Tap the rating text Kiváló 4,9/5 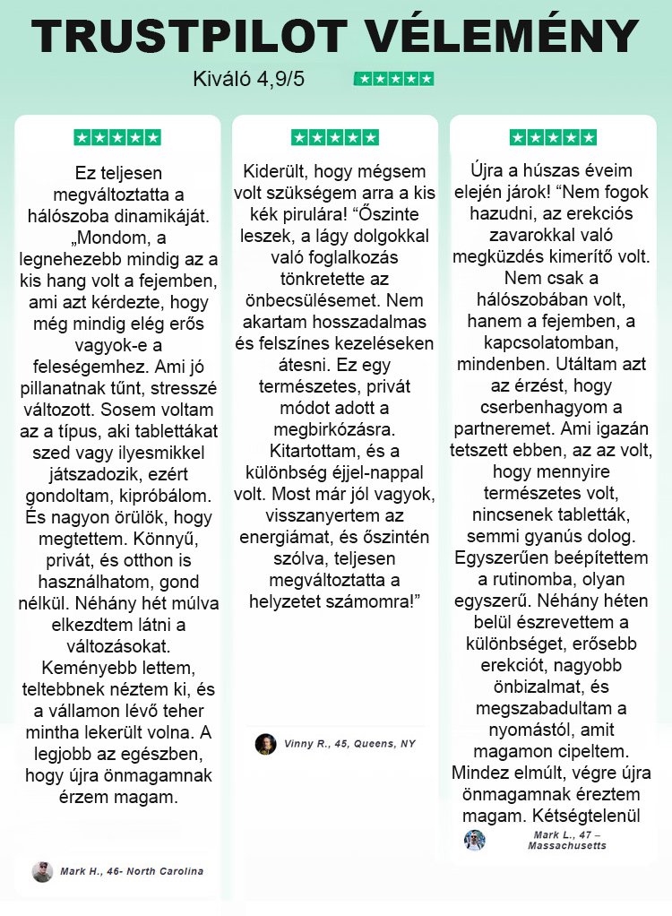pyautogui.click(x=249, y=79)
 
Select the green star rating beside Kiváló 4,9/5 pyautogui.click(x=394, y=79)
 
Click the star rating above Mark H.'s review pyautogui.click(x=117, y=138)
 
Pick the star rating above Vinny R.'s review pyautogui.click(x=335, y=138)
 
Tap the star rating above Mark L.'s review pyautogui.click(x=553, y=138)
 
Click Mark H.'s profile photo pyautogui.click(x=42, y=871)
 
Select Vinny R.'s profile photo pyautogui.click(x=265, y=744)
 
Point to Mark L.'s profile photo pyautogui.click(x=475, y=840)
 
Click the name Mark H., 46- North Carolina pyautogui.click(x=132, y=871)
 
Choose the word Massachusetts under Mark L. pyautogui.click(x=566, y=846)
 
